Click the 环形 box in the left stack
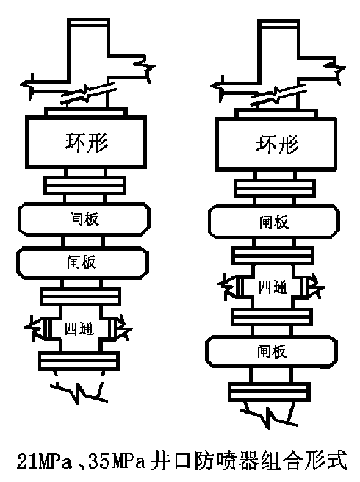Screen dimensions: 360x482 click(86, 142)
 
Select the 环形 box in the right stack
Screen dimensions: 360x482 click(276, 144)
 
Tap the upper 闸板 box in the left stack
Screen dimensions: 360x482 click(84, 219)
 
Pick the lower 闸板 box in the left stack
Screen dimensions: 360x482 click(82, 262)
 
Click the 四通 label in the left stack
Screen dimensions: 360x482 click(79, 328)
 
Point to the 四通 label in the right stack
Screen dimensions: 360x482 click(273, 287)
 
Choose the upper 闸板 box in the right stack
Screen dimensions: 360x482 click(274, 222)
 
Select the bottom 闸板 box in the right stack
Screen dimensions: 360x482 click(271, 351)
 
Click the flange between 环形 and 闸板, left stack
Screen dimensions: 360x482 click(84, 185)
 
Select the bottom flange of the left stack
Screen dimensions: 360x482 click(79, 361)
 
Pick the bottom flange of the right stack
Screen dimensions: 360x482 click(269, 392)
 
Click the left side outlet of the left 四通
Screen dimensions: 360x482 click(38, 328)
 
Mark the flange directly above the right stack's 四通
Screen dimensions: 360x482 click(273, 256)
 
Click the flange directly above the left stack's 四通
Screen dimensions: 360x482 click(80, 296)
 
